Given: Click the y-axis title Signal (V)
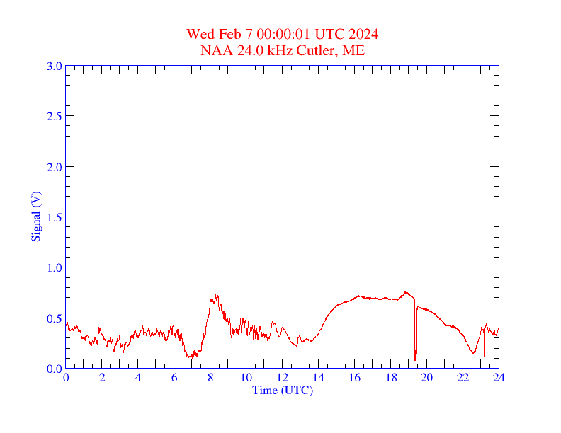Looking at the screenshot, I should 35,216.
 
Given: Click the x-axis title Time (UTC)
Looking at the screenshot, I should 282,390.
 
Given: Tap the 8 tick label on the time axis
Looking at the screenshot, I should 210,378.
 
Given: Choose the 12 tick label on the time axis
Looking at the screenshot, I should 283,378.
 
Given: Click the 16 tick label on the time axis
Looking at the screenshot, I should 355,378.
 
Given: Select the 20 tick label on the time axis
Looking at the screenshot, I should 427,378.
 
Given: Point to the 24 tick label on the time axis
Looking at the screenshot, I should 499,378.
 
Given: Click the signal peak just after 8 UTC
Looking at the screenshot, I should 217,295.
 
